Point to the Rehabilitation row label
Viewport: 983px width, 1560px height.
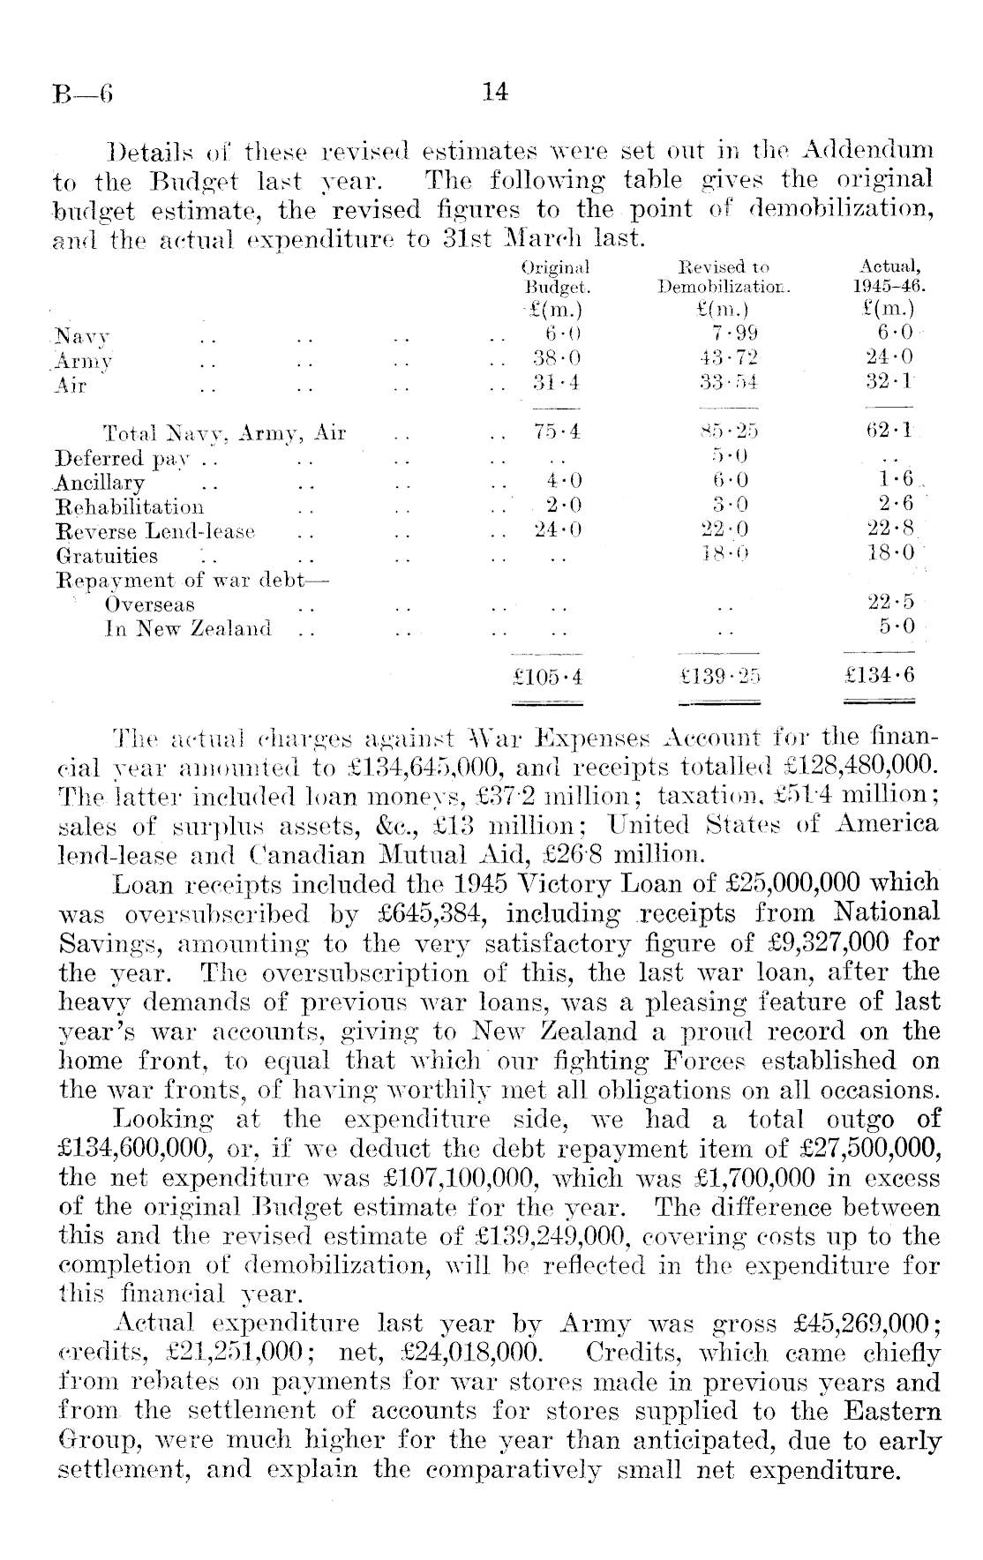130,507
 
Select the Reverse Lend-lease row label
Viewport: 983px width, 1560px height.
155,532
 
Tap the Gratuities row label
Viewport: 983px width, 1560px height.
107,557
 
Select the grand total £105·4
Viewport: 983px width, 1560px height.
548,678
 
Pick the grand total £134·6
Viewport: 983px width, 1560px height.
880,677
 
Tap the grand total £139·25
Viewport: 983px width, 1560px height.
722,678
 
